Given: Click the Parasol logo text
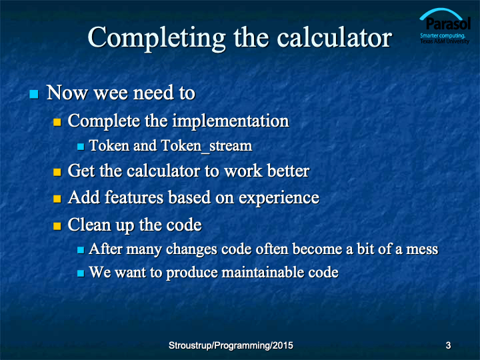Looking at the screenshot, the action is (x=448, y=23).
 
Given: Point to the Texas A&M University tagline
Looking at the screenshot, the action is (x=445, y=41).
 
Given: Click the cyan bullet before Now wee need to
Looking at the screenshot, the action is (x=34, y=94).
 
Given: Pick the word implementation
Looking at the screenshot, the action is (x=231, y=121).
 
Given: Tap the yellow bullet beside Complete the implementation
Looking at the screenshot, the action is (x=57, y=123).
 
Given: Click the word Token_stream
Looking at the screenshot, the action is (x=207, y=146).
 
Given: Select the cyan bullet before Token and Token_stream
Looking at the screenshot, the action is (x=81, y=147).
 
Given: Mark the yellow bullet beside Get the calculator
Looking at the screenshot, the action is (x=57, y=172).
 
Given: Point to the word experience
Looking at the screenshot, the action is (x=279, y=199).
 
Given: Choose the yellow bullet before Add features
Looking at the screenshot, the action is (x=57, y=199).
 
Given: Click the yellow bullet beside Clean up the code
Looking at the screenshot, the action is (x=57, y=226).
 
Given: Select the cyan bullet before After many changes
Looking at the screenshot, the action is (x=81, y=250).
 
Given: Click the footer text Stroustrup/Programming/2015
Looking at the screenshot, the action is (x=231, y=345).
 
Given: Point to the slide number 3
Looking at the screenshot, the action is (x=448, y=345).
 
